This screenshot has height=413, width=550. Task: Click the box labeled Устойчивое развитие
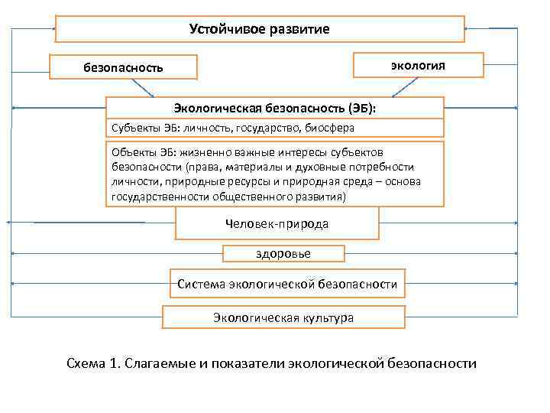pos(260,29)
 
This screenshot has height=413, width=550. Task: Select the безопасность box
pos(123,67)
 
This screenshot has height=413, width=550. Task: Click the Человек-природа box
pos(277,224)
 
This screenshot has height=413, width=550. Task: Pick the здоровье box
pos(283,253)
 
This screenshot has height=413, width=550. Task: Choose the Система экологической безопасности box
pos(287,284)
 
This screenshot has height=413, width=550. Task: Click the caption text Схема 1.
pos(95,363)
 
